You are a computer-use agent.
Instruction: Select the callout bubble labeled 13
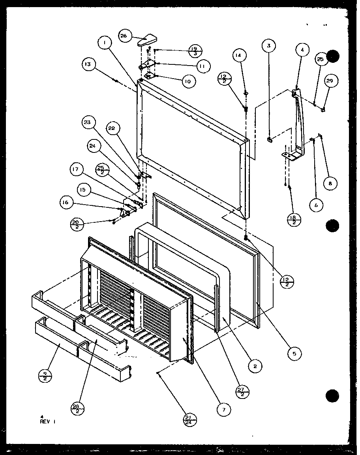click(x=89, y=64)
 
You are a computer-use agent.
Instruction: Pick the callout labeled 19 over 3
click(x=195, y=50)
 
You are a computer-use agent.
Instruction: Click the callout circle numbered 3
click(x=269, y=46)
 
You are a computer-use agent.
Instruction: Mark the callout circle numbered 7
click(x=223, y=410)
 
